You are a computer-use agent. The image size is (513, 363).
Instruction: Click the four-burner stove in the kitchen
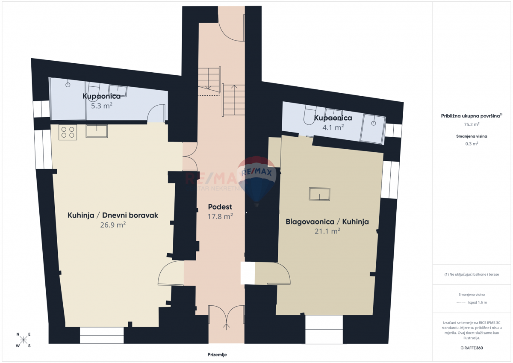click(68, 132)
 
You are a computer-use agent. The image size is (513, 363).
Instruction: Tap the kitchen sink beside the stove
click(97, 131)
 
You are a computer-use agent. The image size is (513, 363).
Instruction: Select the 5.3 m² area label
click(102, 105)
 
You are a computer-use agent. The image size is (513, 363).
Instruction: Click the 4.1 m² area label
click(333, 127)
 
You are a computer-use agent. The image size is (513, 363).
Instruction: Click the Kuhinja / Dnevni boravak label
click(113, 215)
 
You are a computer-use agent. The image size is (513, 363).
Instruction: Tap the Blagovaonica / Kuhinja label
click(327, 221)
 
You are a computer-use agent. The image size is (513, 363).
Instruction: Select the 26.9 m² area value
click(112, 224)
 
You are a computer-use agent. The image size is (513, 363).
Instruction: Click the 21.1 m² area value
click(327, 231)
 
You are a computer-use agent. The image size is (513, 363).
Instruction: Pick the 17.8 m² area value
click(220, 216)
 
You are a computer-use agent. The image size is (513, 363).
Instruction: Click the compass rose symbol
click(24, 340)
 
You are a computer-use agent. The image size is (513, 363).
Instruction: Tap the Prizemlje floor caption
click(217, 354)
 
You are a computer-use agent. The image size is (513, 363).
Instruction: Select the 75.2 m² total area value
click(472, 124)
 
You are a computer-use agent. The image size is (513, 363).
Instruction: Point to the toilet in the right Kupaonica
click(307, 115)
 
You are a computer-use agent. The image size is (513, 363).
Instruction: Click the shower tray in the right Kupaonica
click(372, 128)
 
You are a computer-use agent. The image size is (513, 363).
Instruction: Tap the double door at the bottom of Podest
click(226, 319)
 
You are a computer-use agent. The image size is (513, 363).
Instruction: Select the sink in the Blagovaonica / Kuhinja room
click(319, 194)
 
